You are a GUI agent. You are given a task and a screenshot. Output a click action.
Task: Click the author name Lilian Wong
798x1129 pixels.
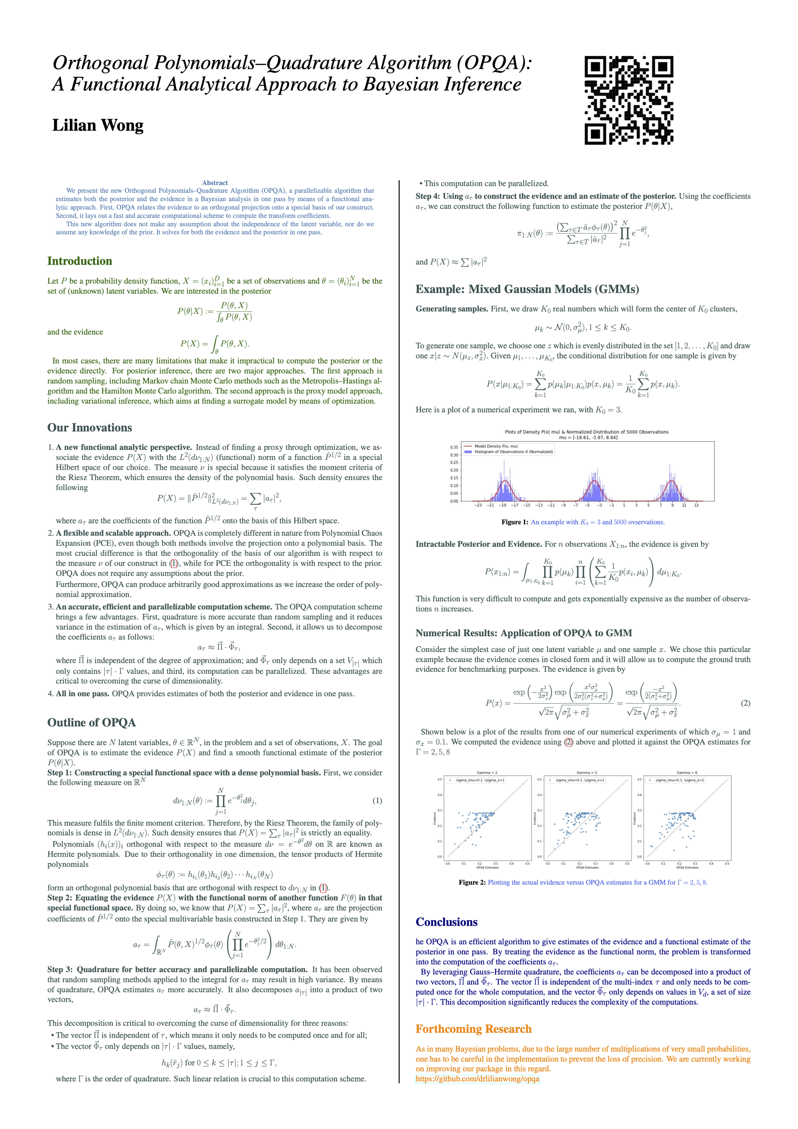98,125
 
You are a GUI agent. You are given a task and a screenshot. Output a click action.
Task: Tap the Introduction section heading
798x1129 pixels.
80,261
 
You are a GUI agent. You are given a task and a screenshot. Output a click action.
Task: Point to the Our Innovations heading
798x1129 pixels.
89,427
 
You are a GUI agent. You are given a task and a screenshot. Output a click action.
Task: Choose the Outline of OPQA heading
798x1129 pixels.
91,722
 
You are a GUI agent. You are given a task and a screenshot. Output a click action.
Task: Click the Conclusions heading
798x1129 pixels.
446,922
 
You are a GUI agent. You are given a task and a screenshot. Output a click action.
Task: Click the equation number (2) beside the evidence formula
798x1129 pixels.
745,702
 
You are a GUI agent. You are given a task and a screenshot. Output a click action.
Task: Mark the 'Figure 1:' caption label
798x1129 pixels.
515,522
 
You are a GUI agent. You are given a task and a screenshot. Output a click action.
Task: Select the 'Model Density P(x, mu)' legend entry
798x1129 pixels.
496,446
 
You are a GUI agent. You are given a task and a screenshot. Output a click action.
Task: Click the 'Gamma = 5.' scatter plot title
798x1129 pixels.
587,773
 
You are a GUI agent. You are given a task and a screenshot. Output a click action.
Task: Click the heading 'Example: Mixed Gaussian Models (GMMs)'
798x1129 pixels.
527,289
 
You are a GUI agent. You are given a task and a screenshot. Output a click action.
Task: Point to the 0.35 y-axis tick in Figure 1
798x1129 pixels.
454,447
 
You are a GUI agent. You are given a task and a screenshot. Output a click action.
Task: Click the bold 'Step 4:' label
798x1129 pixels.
428,196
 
